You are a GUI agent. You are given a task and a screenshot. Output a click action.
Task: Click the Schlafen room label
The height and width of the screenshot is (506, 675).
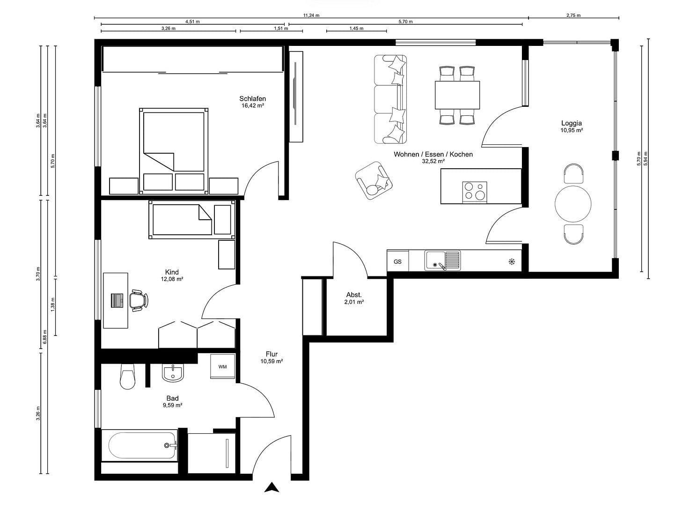pyautogui.click(x=252, y=98)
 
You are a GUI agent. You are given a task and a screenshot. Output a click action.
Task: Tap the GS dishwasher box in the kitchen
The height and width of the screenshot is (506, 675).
pyautogui.click(x=397, y=261)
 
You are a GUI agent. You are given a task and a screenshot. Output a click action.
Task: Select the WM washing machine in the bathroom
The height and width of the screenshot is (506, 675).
pyautogui.click(x=222, y=366)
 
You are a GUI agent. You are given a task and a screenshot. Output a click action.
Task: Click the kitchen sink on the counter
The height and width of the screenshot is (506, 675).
pyautogui.click(x=442, y=261)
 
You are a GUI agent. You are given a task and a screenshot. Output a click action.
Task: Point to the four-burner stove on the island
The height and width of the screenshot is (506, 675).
pyautogui.click(x=475, y=192)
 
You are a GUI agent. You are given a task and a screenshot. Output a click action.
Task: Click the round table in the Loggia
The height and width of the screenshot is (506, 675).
pyautogui.click(x=573, y=204)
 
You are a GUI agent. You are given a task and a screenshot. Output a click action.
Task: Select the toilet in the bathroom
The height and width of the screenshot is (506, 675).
pyautogui.click(x=127, y=377)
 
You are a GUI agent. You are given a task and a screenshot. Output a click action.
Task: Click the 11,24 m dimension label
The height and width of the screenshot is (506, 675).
pyautogui.click(x=311, y=15)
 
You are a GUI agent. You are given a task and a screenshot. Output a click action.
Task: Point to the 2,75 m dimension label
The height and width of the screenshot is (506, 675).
pyautogui.click(x=573, y=15)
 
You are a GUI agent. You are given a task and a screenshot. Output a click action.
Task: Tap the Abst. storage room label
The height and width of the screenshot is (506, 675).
pyautogui.click(x=354, y=295)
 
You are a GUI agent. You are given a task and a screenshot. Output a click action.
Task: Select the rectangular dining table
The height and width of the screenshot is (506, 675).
pyautogui.click(x=457, y=95)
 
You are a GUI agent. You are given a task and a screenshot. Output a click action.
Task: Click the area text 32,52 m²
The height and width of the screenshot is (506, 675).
pyautogui.click(x=433, y=161)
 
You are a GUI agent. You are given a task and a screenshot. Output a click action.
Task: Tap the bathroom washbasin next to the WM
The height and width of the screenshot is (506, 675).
pyautogui.click(x=173, y=373)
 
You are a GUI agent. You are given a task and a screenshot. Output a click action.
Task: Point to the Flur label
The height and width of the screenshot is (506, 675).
pyautogui.click(x=271, y=354)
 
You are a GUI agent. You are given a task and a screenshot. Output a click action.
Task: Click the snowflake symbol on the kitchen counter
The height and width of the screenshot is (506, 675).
pyautogui.click(x=512, y=261)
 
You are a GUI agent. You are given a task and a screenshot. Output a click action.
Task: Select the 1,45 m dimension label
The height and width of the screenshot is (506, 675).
pyautogui.click(x=356, y=28)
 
